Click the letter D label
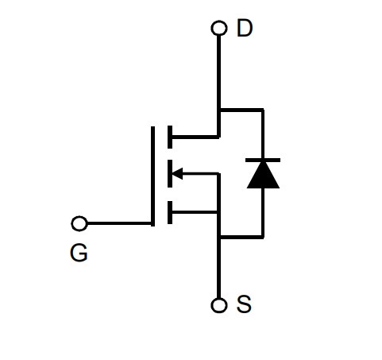coord(245,28)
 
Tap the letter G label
coord(79,253)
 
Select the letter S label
coord(244,304)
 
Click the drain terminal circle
coord(219,28)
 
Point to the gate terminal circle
coord(79,223)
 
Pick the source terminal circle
coord(219,305)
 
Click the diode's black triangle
coord(263,175)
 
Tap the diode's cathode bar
coord(263,160)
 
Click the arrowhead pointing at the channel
coord(177,174)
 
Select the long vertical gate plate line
coord(152,176)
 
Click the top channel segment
coord(170,137)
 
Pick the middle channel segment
coord(170,173)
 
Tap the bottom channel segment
coord(170,212)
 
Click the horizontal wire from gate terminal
coord(119,223)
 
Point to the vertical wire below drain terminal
coord(218,87)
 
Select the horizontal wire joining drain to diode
coord(242,110)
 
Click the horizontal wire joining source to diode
coord(242,237)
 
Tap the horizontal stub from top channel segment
coord(195,137)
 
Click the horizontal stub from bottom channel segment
coord(195,212)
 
